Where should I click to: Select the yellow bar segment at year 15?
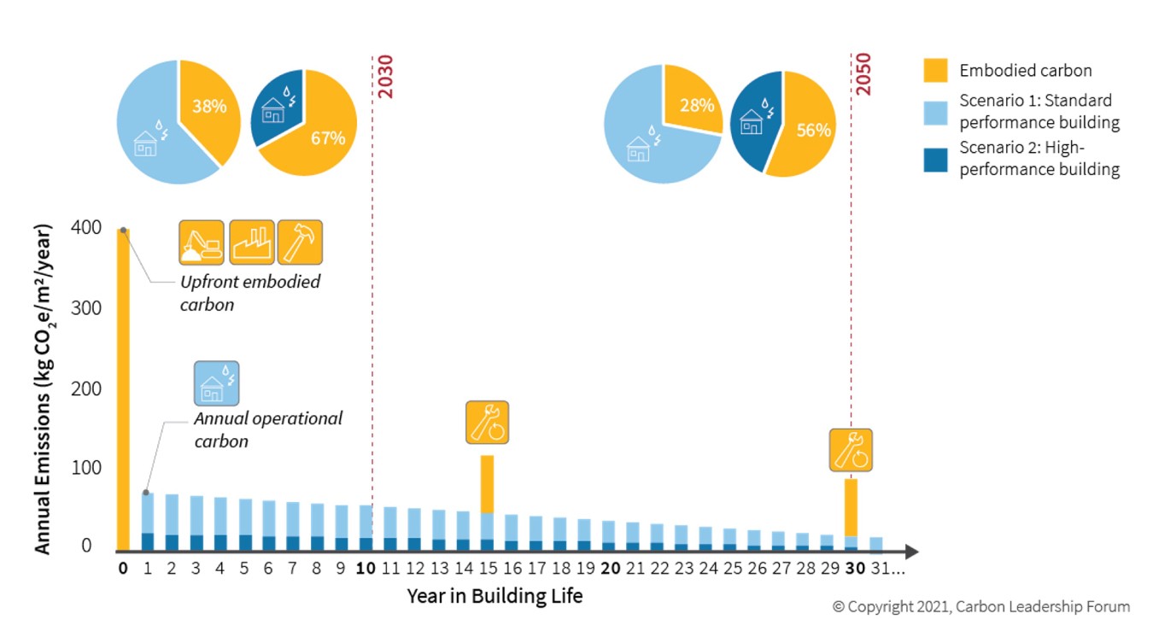click(x=487, y=484)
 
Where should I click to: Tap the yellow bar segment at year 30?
click(x=851, y=507)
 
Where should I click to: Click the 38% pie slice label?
click(x=209, y=107)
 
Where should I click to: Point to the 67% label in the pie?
click(x=328, y=137)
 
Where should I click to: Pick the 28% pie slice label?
click(x=697, y=104)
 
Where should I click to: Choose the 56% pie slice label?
click(x=813, y=130)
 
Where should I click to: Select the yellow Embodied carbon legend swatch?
click(x=935, y=70)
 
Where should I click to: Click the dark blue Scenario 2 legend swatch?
click(x=935, y=160)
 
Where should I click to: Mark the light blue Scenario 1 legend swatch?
click(x=935, y=113)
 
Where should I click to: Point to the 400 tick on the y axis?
click(x=92, y=228)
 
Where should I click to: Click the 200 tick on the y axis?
click(x=92, y=388)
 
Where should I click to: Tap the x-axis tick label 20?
click(x=610, y=568)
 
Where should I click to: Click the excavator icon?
click(x=202, y=242)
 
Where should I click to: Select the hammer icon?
click(x=301, y=242)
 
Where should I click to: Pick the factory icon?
click(x=251, y=242)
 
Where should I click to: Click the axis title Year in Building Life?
click(x=495, y=595)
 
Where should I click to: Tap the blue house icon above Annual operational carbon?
click(x=216, y=383)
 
